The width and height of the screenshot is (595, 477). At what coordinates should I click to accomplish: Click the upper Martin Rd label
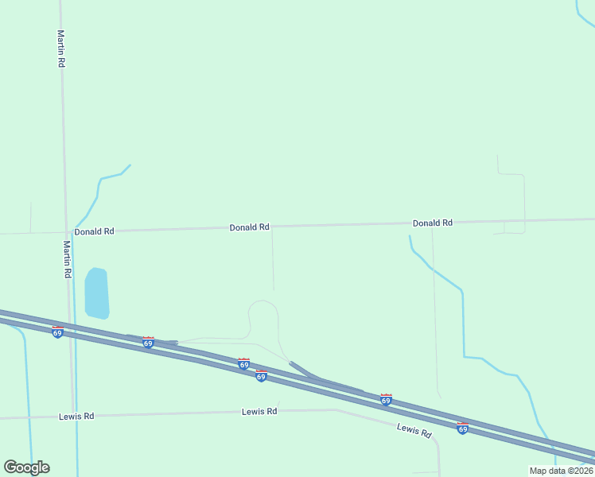(60, 48)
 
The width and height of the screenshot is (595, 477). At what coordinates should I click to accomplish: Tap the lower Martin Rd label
(68, 259)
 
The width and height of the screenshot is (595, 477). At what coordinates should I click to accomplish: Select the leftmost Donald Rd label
(95, 231)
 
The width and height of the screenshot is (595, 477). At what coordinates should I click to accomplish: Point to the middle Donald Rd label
(250, 227)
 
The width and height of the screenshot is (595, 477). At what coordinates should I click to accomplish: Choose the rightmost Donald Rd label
(432, 223)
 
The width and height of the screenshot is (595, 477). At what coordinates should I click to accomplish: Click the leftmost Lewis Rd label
(76, 416)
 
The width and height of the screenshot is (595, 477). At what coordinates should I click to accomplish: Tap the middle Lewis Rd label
(259, 411)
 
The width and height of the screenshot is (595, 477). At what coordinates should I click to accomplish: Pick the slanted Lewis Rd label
(414, 430)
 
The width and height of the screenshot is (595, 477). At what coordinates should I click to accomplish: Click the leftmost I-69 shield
(57, 332)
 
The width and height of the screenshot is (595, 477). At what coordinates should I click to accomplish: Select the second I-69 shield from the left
(148, 342)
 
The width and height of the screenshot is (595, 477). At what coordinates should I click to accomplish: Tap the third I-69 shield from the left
(243, 363)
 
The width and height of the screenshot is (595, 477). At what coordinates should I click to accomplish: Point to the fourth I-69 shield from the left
(261, 376)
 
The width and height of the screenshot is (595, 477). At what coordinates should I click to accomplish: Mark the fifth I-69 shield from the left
(386, 400)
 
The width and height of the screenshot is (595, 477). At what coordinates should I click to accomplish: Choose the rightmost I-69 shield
(462, 429)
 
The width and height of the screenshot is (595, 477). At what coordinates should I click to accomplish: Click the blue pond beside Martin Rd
(96, 293)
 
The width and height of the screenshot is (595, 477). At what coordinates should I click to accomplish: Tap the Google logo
(26, 467)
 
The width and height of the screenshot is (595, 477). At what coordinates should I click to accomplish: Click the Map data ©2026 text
(560, 471)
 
